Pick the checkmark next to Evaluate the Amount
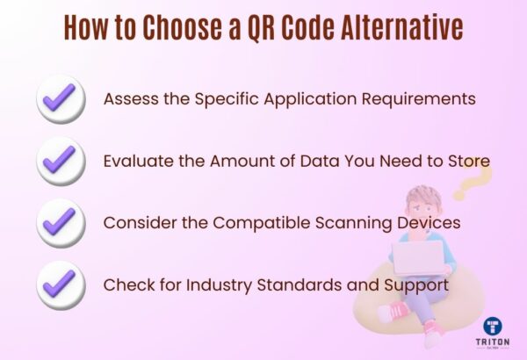pos(61,162)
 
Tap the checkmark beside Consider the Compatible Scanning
pos(61,223)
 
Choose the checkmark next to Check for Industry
pos(61,285)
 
